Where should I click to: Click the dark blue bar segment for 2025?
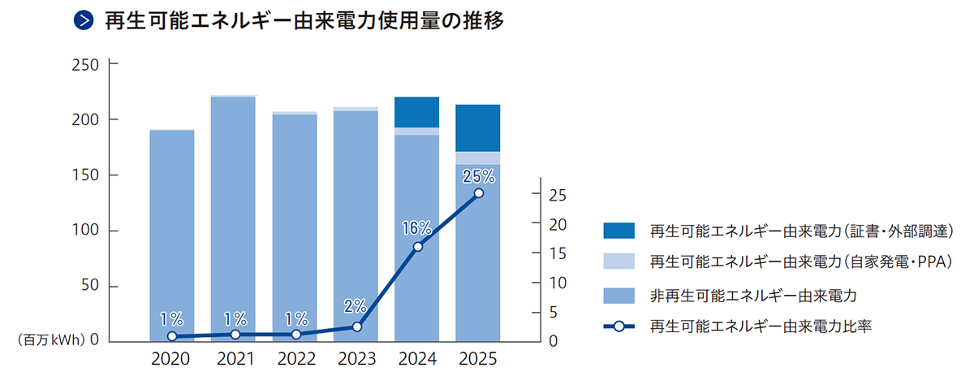pyautogui.click(x=477, y=128)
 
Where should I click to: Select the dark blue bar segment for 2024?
pyautogui.click(x=416, y=112)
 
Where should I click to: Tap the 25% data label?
pyautogui.click(x=478, y=176)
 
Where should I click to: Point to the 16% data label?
pyautogui.click(x=416, y=228)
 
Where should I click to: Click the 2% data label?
pyautogui.click(x=356, y=306)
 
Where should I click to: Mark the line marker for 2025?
pyautogui.click(x=478, y=193)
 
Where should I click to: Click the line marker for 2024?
pyautogui.click(x=417, y=247)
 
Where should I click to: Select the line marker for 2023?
pyautogui.click(x=356, y=326)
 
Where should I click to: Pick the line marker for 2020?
pyautogui.click(x=172, y=336)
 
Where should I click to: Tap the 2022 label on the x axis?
pyautogui.click(x=296, y=359)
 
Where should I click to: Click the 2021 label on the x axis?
pyautogui.click(x=235, y=359)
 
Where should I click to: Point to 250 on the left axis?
pyautogui.click(x=85, y=65)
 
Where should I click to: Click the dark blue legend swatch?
pyautogui.click(x=618, y=230)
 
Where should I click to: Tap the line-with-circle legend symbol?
pyautogui.click(x=618, y=326)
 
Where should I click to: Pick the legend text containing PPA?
pyautogui.click(x=801, y=261)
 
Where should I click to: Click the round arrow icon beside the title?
pyautogui.click(x=84, y=20)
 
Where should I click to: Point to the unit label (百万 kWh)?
pyautogui.click(x=51, y=339)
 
